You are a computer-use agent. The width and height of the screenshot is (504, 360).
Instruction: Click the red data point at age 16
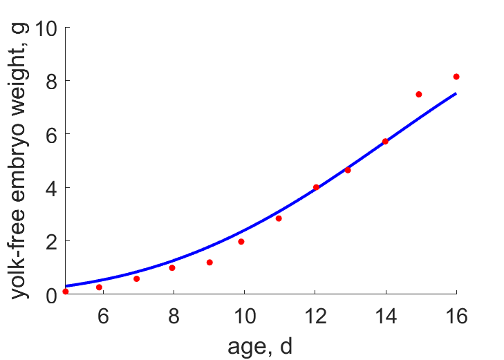pyautogui.click(x=456, y=77)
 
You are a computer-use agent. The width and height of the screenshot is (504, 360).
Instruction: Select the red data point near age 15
pyautogui.click(x=418, y=94)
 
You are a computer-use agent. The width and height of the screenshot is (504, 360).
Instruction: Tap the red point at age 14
pyautogui.click(x=385, y=141)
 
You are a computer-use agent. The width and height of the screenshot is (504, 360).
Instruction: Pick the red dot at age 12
pyautogui.click(x=316, y=187)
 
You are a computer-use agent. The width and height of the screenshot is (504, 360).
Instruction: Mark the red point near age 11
pyautogui.click(x=279, y=218)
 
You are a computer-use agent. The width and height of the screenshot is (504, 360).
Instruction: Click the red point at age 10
pyautogui.click(x=241, y=242)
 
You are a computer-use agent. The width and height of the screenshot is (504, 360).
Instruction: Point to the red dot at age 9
pyautogui.click(x=209, y=263)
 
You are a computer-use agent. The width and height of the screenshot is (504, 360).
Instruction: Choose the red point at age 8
pyautogui.click(x=172, y=268)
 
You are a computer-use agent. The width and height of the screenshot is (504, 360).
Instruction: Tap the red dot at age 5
pyautogui.click(x=66, y=292)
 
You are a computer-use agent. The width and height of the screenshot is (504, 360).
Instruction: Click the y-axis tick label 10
pyautogui.click(x=46, y=28)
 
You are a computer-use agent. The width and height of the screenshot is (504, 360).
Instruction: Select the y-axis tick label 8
pyautogui.click(x=51, y=82)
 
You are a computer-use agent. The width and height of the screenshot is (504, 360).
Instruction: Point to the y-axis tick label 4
pyautogui.click(x=51, y=189)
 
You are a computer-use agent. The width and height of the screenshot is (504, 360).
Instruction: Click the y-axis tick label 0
pyautogui.click(x=51, y=296)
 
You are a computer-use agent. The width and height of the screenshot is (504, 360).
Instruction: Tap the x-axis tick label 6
pyautogui.click(x=103, y=316)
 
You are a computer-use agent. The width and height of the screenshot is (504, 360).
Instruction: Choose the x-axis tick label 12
pyautogui.click(x=316, y=316)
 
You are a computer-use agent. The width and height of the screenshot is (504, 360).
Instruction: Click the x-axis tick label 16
pyautogui.click(x=456, y=316)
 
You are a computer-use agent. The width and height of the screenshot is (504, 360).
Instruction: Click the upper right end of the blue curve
pyautogui.click(x=456, y=93)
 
